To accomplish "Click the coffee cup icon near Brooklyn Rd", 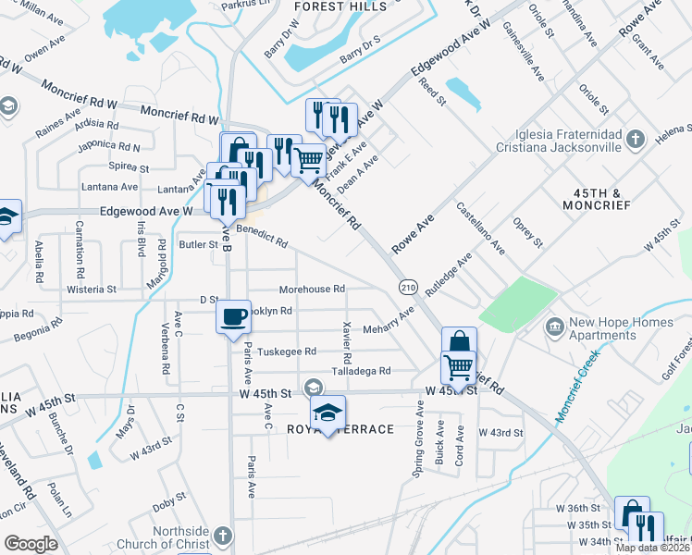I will point(233,317).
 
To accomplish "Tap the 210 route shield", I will point(407,288).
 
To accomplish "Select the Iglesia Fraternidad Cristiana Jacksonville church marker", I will point(635,140).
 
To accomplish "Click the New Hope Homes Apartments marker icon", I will point(554,326).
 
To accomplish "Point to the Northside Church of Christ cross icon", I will point(222,536).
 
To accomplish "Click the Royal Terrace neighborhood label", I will point(327,429).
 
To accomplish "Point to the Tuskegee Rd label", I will point(286,351).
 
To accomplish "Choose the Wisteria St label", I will point(92,290).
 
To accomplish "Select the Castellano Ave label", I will point(480,230).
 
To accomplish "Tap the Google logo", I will point(31,544).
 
